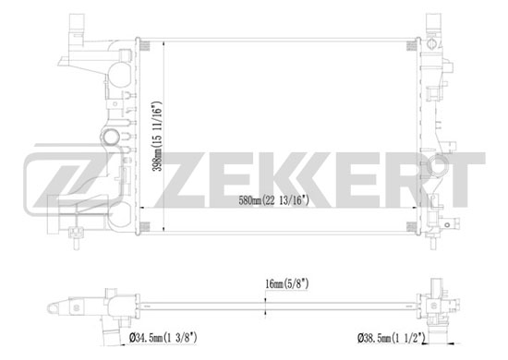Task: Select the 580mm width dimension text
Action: pos(273,200)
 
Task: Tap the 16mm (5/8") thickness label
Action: pos(287,284)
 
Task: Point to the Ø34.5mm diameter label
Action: pos(163,338)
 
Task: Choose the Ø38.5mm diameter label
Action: pos(392,339)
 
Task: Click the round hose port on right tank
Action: pos(438,166)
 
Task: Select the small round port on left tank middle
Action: pos(111,138)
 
